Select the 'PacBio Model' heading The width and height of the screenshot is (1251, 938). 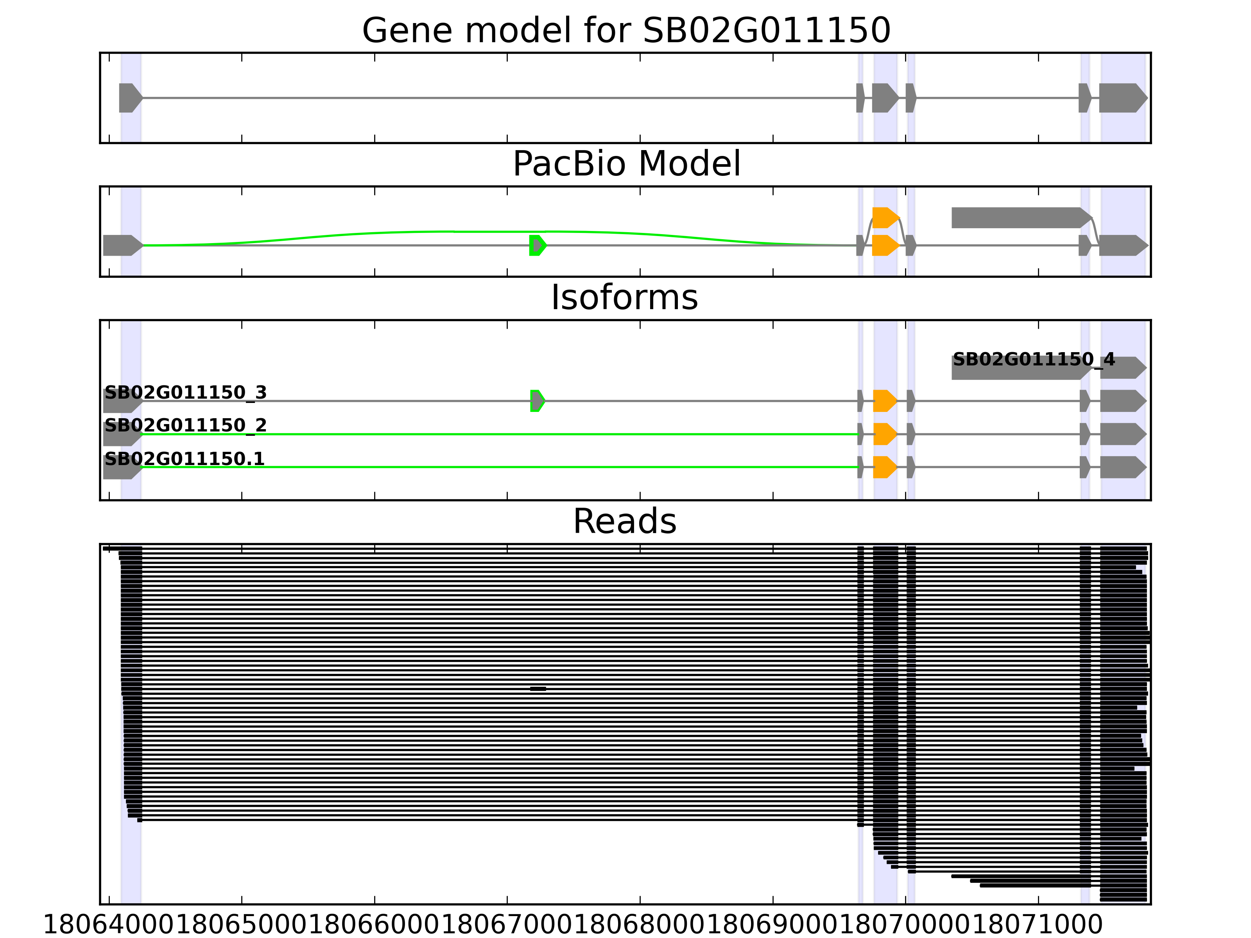point(625,164)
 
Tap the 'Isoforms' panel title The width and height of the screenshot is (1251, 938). point(624,297)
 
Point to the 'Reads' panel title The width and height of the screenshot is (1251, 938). point(624,521)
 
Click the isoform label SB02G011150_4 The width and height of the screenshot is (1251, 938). point(1033,359)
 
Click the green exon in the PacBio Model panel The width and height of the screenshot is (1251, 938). point(537,245)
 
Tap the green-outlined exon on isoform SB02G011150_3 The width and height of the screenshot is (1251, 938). point(537,401)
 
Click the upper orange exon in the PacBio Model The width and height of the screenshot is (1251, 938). point(885,218)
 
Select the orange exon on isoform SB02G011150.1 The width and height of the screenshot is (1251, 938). point(884,467)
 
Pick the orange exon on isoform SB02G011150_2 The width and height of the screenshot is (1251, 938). point(884,434)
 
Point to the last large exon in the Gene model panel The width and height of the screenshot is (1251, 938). point(1122,98)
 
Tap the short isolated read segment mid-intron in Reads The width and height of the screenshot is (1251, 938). point(538,689)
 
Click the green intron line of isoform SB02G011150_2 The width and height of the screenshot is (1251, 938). point(498,434)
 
